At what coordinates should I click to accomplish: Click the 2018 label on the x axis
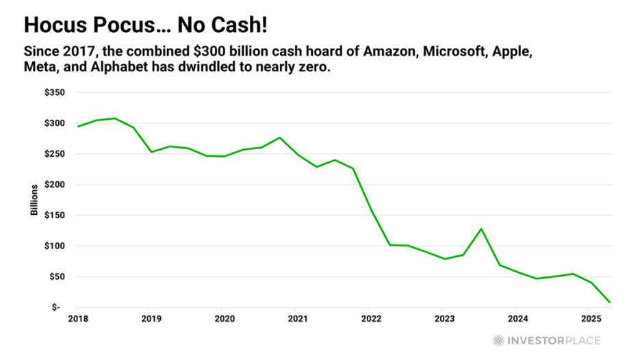pyautogui.click(x=79, y=318)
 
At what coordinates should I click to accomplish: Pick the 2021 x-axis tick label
pyautogui.click(x=298, y=318)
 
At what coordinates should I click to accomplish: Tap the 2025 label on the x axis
pyautogui.click(x=591, y=318)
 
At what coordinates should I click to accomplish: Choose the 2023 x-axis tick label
pyautogui.click(x=444, y=318)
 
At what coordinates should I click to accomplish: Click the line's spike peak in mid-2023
pyautogui.click(x=481, y=229)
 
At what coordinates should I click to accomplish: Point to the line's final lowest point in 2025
pyautogui.click(x=609, y=302)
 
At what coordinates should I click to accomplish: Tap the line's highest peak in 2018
pyautogui.click(x=115, y=118)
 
